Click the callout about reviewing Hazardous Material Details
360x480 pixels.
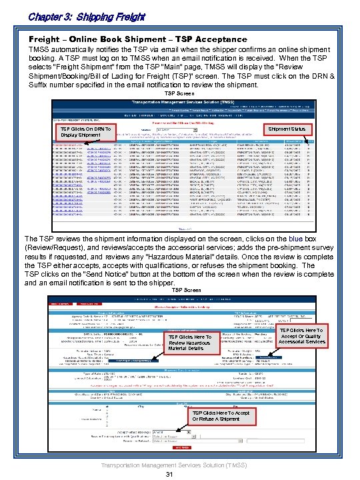[190, 343]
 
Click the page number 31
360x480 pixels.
[169, 474]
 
